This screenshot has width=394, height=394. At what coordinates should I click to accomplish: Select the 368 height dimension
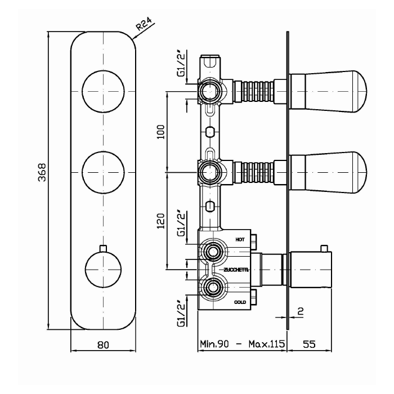[42, 172]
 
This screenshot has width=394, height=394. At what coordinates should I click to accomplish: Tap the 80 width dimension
[103, 344]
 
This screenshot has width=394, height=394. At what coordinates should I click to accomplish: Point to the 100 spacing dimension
[160, 132]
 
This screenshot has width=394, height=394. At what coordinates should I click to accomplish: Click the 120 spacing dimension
[160, 221]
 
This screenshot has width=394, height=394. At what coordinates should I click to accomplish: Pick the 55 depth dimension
[309, 344]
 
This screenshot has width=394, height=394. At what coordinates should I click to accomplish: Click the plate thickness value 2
[300, 311]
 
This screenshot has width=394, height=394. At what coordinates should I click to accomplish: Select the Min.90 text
[214, 344]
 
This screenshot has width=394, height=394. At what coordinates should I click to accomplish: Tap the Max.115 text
[267, 344]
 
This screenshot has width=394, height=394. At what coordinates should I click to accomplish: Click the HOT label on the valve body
[240, 240]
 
